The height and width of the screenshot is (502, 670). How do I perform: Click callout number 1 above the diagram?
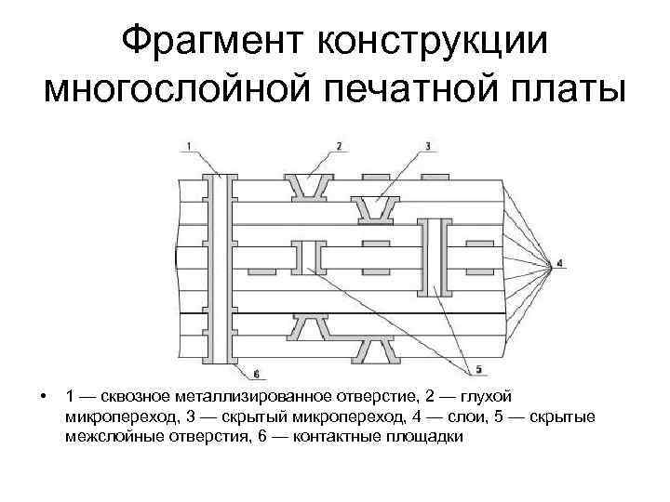point(189,145)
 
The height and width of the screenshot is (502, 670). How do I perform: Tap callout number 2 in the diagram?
point(339,145)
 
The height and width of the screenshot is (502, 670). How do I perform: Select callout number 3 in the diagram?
point(427,145)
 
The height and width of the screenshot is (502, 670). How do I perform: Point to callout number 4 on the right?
point(559,263)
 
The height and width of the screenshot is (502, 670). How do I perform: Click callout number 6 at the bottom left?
point(256,373)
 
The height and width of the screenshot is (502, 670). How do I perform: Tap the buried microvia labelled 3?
point(377,212)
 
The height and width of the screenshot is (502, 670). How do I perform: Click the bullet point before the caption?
point(44,397)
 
